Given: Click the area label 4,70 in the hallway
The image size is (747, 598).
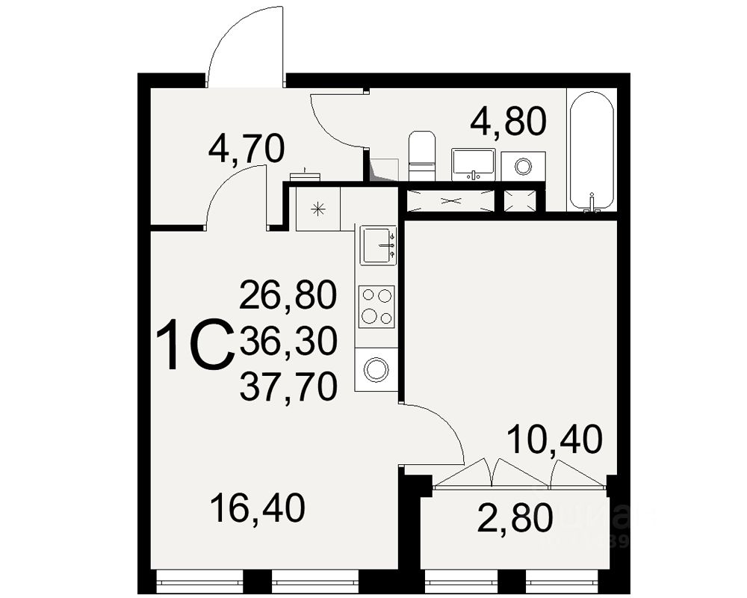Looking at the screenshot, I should coord(247,149).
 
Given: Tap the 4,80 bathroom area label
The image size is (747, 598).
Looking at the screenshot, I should coord(508,122).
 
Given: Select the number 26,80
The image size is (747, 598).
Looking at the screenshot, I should coord(288,296).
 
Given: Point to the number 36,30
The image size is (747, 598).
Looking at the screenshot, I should coord(288,342).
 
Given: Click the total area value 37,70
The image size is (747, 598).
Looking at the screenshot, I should coord(288,386).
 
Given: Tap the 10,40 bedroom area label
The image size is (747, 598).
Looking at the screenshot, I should coord(554,440).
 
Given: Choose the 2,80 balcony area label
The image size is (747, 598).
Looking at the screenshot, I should coord(515,518).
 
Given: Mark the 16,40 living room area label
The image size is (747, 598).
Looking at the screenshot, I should coord(257,509).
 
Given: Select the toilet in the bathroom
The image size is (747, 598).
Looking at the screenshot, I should coord(422,155).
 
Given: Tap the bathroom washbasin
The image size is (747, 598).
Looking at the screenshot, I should coord(474,163).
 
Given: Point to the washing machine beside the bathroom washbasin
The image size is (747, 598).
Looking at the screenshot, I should coord(523,165).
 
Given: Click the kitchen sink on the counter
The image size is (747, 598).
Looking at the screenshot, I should coord(378,245).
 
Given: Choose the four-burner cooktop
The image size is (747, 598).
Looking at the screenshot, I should coord(376,306).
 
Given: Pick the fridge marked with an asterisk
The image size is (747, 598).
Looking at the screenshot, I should coord(318,209).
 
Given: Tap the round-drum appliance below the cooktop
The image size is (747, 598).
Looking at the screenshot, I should coord(376,369).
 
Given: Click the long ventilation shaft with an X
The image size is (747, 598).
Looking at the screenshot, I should coord(450,200).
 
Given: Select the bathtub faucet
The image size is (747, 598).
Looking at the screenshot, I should coord(592,203).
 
